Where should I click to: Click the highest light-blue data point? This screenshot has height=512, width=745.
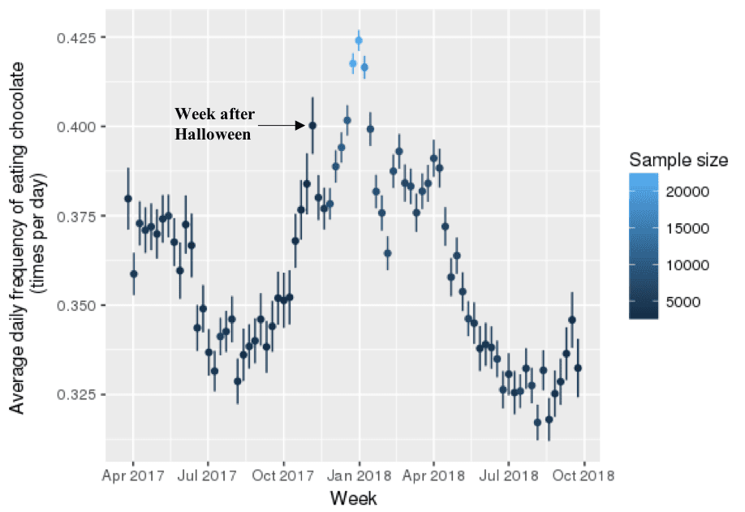[359, 41]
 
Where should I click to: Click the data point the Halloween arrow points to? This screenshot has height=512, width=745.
[312, 125]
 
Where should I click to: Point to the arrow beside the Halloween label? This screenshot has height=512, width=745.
[281, 125]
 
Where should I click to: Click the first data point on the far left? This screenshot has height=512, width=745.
[128, 198]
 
